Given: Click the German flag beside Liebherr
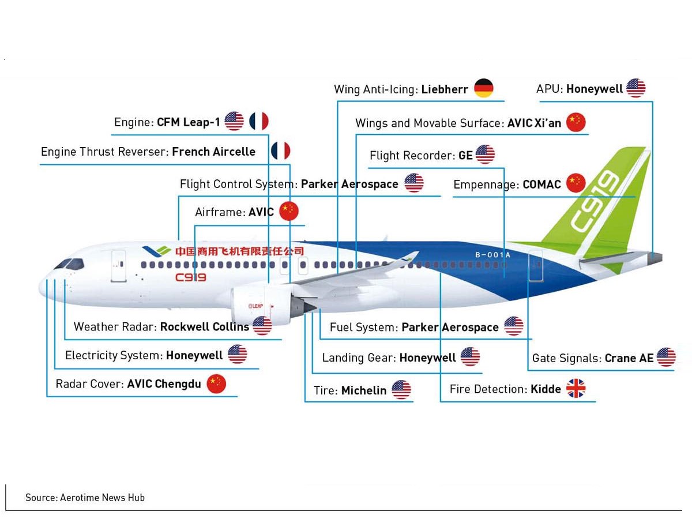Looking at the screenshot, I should pos(484,89).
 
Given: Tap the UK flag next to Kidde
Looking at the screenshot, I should pos(576,389).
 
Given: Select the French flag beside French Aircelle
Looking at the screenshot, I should pos(281,151).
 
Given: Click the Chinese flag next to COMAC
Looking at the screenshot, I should pos(576,183).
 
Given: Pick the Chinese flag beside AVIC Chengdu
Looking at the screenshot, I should pos(216,383).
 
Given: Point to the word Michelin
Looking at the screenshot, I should pos(363,390).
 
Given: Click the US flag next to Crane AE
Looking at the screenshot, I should pos(666,358).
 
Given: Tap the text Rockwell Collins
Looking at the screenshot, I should pos(204,326).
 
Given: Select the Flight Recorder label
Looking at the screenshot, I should pos(412,156).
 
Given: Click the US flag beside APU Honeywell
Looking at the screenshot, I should pos(635,88).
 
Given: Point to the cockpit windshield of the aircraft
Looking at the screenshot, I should pos(70,264).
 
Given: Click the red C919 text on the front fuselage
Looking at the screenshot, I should pos(190,277).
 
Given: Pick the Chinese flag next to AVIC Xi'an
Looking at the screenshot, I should pos(576,122).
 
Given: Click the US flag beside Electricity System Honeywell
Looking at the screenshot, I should pos(237,355).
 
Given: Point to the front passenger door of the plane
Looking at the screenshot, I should pos(118,265).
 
